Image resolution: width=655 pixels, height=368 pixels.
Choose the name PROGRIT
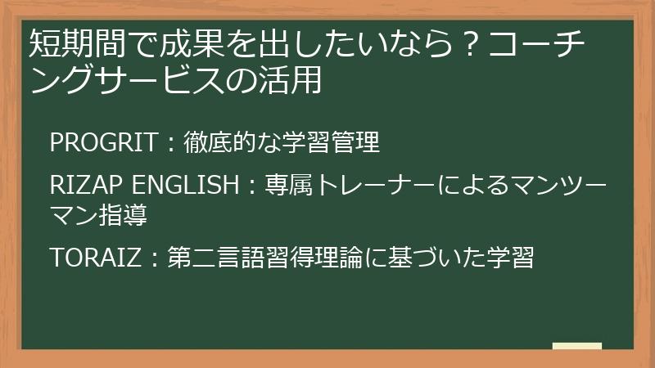click(103, 142)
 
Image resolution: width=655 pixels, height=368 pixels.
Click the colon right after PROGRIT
click(169, 144)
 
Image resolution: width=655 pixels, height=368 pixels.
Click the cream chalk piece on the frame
click(576, 347)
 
